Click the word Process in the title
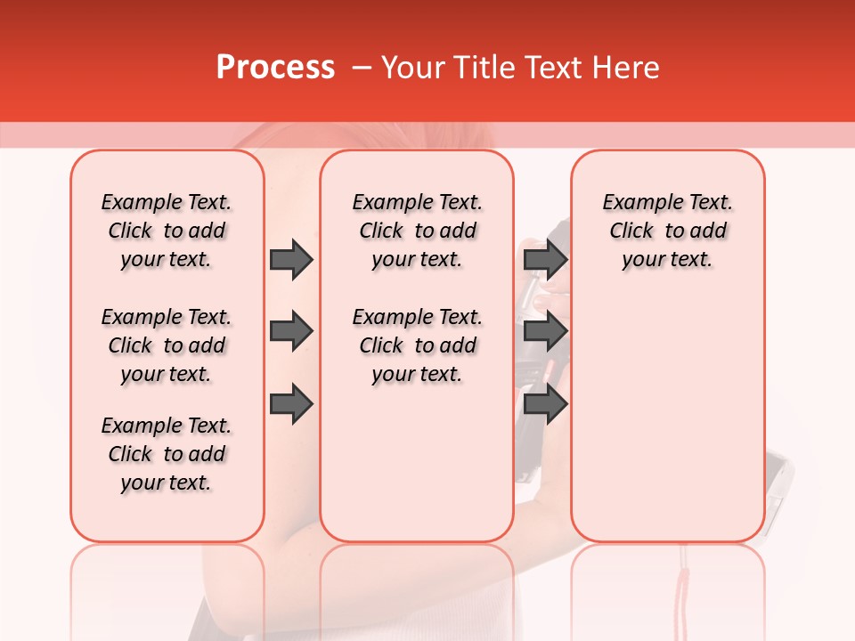[275, 68]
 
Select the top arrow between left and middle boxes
[291, 259]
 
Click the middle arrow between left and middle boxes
[291, 331]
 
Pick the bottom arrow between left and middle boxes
[291, 404]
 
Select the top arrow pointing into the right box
[546, 259]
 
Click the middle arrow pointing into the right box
[546, 331]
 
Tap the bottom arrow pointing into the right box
[546, 404]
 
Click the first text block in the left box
[167, 231]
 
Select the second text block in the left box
[167, 345]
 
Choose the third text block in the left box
[167, 454]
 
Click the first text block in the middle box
[418, 231]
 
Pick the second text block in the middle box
[418, 345]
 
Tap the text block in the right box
[668, 231]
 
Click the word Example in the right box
[637, 203]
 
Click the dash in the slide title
[362, 68]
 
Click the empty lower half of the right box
[668, 427]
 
